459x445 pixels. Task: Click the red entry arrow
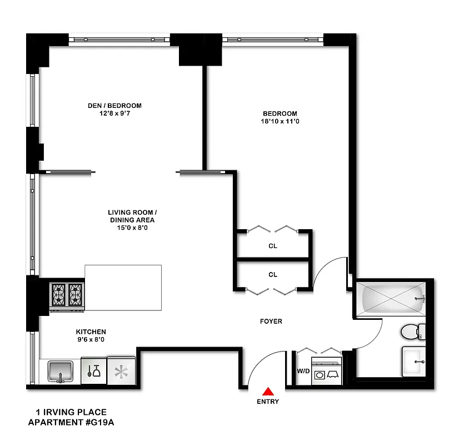[268, 391]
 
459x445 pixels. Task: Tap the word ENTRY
[268, 402]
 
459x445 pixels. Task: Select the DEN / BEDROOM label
[114, 106]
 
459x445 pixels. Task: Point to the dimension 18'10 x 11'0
[280, 121]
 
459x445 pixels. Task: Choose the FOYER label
[271, 322]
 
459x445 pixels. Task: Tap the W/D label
[303, 371]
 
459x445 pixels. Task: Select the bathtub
[391, 299]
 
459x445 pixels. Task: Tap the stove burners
[67, 295]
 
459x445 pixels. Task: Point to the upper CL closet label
[272, 246]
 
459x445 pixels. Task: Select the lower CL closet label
[272, 275]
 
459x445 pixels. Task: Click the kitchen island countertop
[123, 288]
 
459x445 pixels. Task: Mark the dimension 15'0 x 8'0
[133, 227]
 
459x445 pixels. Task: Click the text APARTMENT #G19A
[74, 422]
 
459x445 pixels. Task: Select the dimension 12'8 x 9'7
[114, 113]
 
